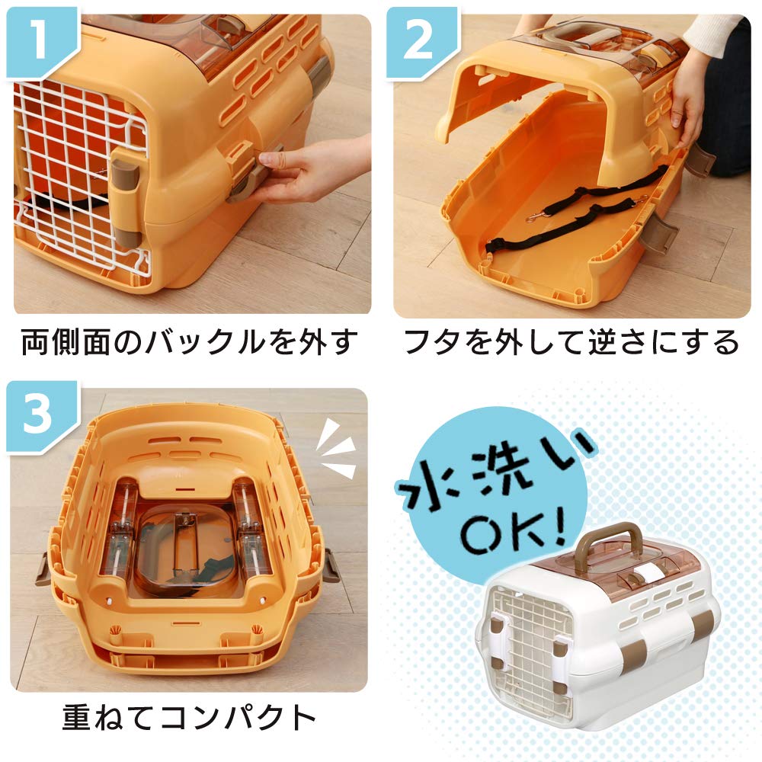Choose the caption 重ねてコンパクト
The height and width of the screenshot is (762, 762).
[x=188, y=717]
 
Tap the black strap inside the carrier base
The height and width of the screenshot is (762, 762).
[x=564, y=221]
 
